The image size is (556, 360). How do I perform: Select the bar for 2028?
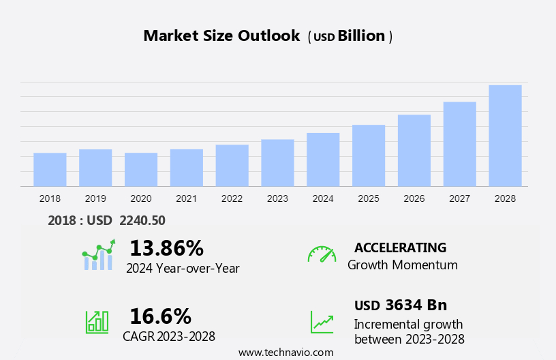[x=505, y=136]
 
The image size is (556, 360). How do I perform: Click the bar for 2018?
[x=50, y=169]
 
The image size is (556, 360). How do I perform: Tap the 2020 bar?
[x=141, y=169]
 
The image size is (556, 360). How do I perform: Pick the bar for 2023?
[x=277, y=162]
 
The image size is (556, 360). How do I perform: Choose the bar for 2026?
[x=414, y=150]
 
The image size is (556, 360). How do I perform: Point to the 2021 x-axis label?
[x=187, y=198]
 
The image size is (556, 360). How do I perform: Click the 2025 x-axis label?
[x=369, y=198]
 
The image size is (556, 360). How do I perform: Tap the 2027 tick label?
[x=460, y=198]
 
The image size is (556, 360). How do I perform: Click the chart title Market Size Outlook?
[x=221, y=36]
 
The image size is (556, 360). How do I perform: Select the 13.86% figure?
[x=166, y=247]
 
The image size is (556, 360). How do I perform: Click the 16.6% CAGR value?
[x=160, y=316]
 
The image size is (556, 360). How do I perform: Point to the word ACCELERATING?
[x=400, y=247]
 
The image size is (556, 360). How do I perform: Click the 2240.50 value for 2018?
[x=142, y=220]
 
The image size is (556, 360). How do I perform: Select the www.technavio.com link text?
[x=286, y=352]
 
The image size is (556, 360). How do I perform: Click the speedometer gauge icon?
[x=322, y=254]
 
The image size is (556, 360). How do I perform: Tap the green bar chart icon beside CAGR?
[x=97, y=321]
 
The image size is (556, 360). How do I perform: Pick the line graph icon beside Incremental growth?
[x=322, y=321]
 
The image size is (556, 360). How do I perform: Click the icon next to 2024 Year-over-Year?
[x=98, y=255]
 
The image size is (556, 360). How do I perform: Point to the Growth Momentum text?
[x=402, y=265]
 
